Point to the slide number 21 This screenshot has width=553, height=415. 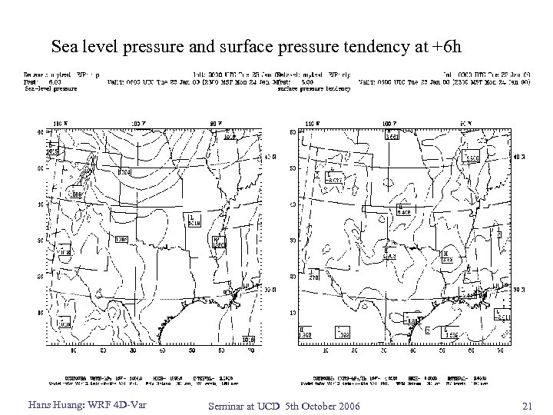click(x=526, y=405)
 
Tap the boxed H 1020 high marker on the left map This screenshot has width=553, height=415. click(x=220, y=243)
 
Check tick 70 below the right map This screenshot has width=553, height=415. click(x=498, y=352)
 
